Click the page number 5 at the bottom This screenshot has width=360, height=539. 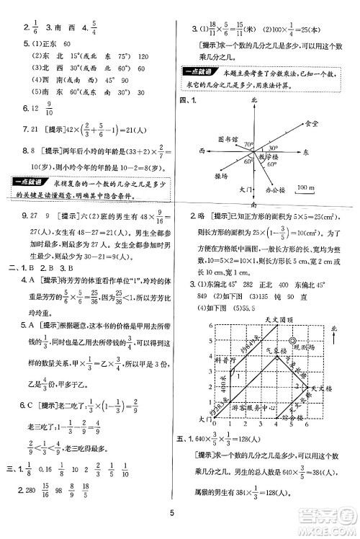coord(181,512)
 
